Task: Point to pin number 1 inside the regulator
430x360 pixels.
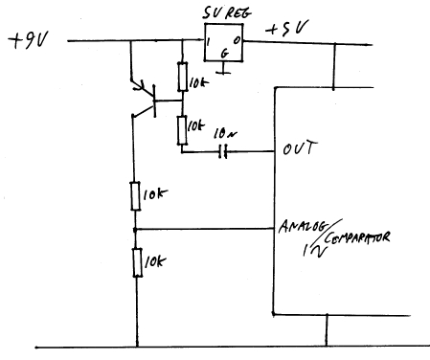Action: pos(207,43)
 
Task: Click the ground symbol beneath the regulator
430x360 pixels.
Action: pos(223,69)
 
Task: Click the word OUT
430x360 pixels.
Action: pos(301,149)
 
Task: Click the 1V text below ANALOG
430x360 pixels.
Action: pos(314,253)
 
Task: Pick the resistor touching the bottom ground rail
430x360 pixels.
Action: pos(137,260)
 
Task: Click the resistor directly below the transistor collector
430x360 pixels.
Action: pos(136,195)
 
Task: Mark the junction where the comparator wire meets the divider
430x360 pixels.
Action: pos(136,230)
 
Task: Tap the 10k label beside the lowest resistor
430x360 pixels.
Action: pos(156,260)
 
